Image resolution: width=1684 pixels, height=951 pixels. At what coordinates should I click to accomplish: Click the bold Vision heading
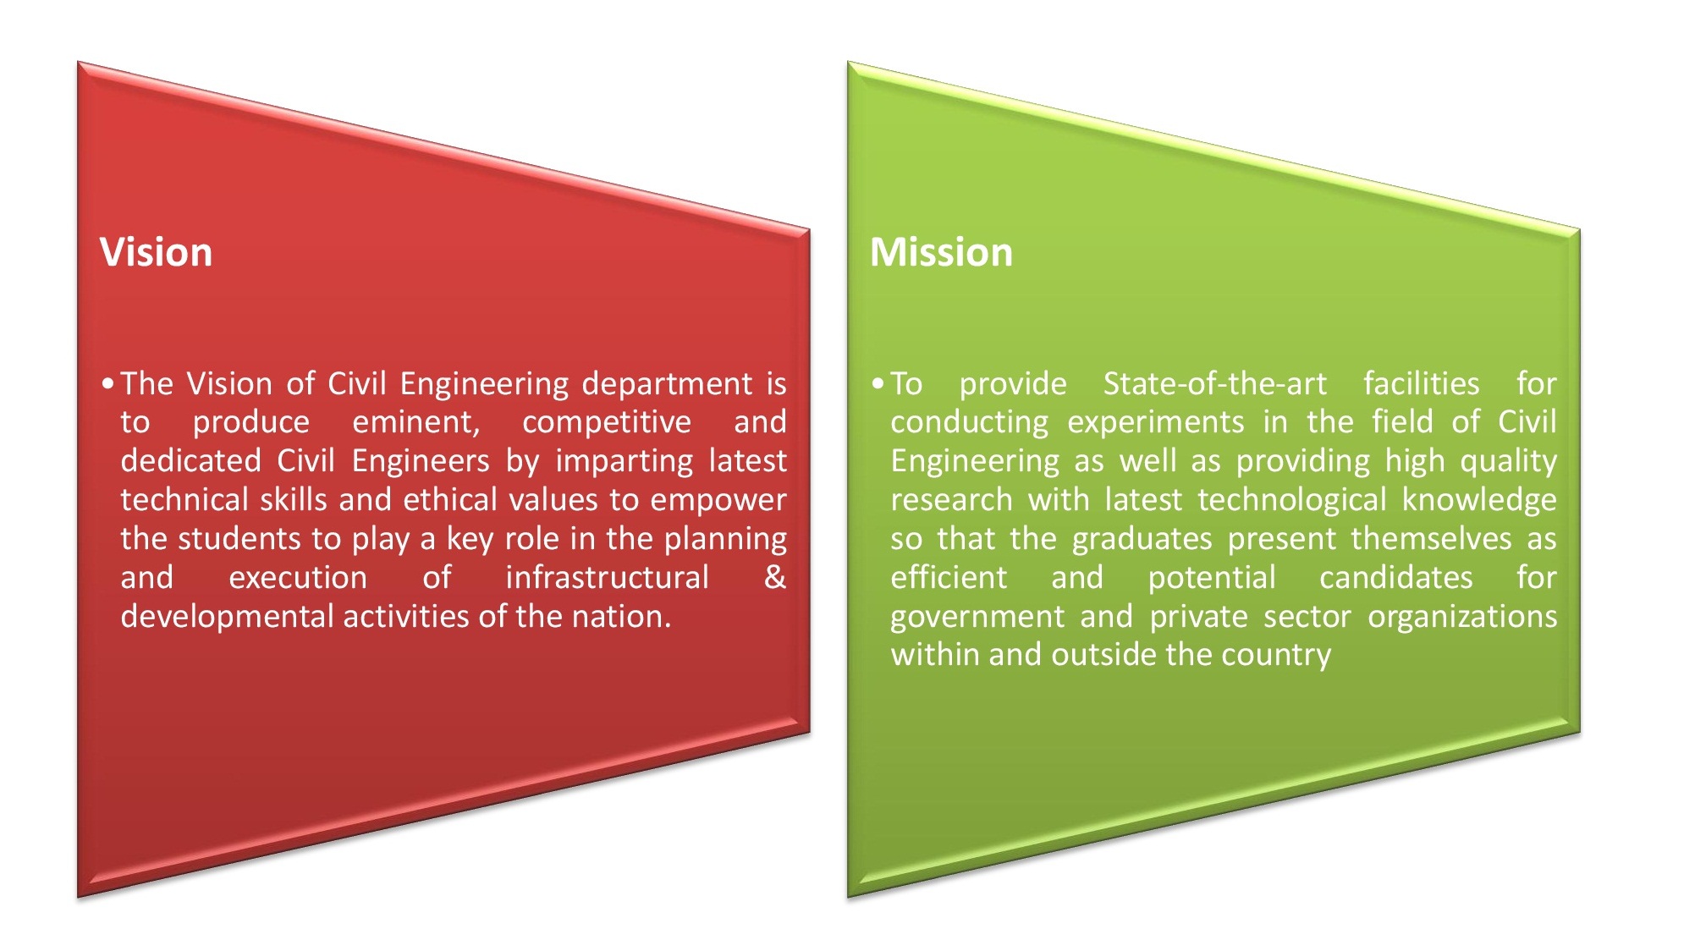point(156,252)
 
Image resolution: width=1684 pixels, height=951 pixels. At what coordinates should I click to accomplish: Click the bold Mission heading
point(941,252)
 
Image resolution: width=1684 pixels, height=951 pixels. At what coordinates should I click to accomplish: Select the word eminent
point(416,422)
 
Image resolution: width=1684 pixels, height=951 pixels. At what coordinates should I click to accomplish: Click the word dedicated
point(191,460)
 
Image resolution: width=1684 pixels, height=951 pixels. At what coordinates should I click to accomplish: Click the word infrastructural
point(607,577)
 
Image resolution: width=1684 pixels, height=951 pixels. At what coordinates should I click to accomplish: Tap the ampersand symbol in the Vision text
point(775,577)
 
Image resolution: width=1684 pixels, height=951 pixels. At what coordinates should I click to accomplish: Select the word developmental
point(228,617)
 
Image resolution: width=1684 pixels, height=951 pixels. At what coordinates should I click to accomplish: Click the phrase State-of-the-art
point(1215,384)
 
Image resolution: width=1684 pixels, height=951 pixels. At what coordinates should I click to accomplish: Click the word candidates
point(1396,577)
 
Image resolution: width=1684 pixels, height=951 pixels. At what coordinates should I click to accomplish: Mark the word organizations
point(1462,617)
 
